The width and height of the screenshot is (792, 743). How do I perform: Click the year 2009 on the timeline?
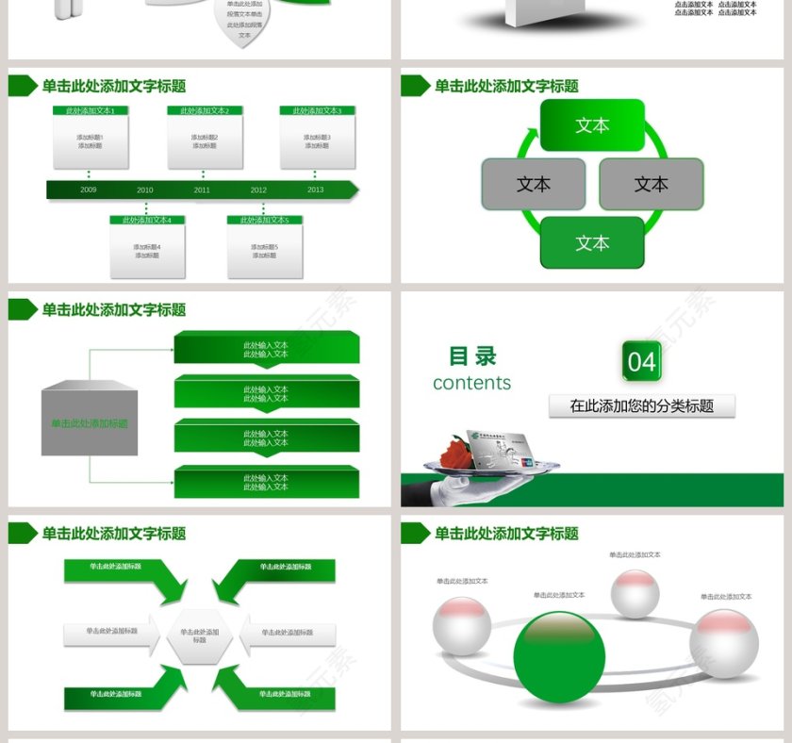click(88, 190)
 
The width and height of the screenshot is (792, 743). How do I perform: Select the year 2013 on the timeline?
click(315, 190)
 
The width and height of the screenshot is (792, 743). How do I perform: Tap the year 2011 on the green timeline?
click(202, 190)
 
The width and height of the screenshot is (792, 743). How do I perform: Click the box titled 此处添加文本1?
click(90, 138)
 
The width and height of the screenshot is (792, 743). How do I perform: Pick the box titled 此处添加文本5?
click(264, 247)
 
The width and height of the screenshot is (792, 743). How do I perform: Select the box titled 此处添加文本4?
click(146, 247)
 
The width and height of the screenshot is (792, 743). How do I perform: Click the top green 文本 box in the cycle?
click(592, 125)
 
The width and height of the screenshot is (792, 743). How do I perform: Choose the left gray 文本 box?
click(533, 184)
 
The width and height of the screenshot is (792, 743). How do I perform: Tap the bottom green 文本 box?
click(592, 243)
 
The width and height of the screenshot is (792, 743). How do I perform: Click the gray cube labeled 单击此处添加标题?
click(90, 422)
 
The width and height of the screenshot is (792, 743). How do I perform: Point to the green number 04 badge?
click(641, 362)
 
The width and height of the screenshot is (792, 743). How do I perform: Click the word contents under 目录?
click(471, 383)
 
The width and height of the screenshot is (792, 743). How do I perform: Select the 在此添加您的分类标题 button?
click(641, 406)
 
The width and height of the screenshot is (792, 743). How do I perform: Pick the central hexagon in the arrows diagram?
click(199, 636)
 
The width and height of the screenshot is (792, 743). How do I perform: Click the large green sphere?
click(559, 657)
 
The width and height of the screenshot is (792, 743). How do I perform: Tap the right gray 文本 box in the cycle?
click(651, 184)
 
